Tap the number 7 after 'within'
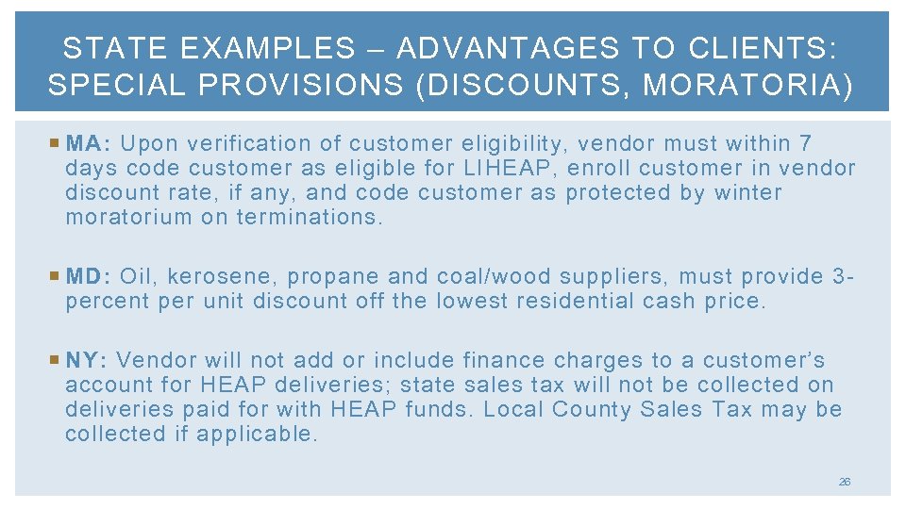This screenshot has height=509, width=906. (804, 144)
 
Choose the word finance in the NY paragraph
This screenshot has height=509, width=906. (501, 360)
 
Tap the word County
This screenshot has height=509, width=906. (592, 409)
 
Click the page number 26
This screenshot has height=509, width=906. (844, 481)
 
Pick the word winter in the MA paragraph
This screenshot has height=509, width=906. (749, 193)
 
